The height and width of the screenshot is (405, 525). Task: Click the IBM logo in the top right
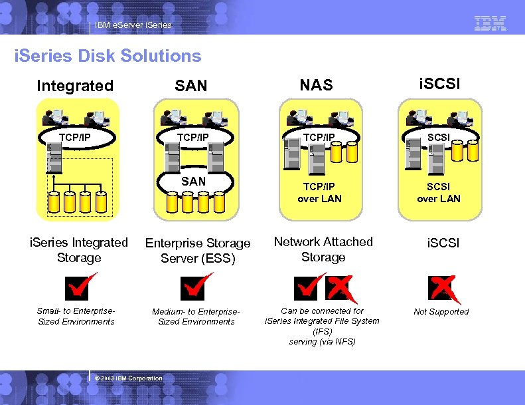click(x=490, y=23)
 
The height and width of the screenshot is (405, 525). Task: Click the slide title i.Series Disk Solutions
click(x=108, y=56)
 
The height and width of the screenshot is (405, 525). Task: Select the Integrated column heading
click(x=75, y=86)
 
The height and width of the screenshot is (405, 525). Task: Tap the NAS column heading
click(x=316, y=85)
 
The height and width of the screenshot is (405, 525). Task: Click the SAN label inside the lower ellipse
click(x=193, y=181)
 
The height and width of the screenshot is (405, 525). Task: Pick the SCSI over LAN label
click(x=438, y=193)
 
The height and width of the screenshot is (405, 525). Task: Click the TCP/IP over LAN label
click(x=319, y=193)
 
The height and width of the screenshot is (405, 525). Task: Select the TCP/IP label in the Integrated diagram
click(x=75, y=138)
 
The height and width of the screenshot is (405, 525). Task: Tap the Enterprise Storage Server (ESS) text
click(x=198, y=251)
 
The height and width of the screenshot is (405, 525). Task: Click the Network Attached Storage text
click(x=323, y=249)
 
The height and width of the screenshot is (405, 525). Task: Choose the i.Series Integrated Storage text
click(x=79, y=250)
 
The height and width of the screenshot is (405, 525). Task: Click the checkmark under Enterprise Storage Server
click(x=195, y=287)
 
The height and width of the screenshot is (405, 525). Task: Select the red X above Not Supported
click(x=442, y=287)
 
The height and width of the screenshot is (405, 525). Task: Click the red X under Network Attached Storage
click(x=339, y=288)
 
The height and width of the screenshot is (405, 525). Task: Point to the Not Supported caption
click(x=441, y=312)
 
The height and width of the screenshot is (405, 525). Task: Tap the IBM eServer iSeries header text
click(x=133, y=25)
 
